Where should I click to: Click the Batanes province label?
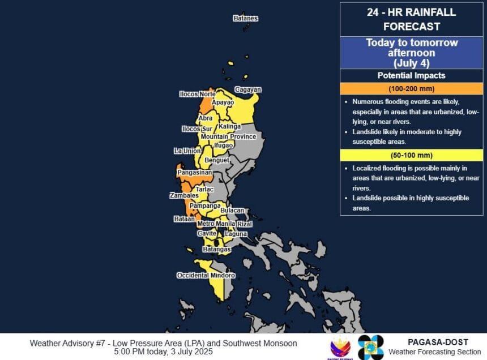[x=245, y=18]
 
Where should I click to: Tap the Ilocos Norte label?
[x=197, y=94]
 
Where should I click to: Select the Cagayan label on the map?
[x=248, y=89]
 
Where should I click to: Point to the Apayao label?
[x=223, y=102]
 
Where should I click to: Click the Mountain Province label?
[x=228, y=136]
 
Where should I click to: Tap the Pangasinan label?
[x=194, y=172]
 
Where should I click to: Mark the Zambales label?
[x=183, y=195]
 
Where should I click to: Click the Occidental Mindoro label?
[x=206, y=276]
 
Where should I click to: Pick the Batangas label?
[x=216, y=249]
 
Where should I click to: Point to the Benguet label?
[x=216, y=160]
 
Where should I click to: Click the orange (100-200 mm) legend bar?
[x=411, y=89]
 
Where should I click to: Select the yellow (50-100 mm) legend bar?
[x=411, y=155]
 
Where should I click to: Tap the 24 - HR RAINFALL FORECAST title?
[x=411, y=19]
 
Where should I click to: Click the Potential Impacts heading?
[x=411, y=75]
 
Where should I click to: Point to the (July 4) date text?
[x=411, y=63]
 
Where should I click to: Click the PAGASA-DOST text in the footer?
[x=438, y=342]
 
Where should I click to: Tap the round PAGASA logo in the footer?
[x=371, y=347]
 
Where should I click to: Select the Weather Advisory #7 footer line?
[x=163, y=343]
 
